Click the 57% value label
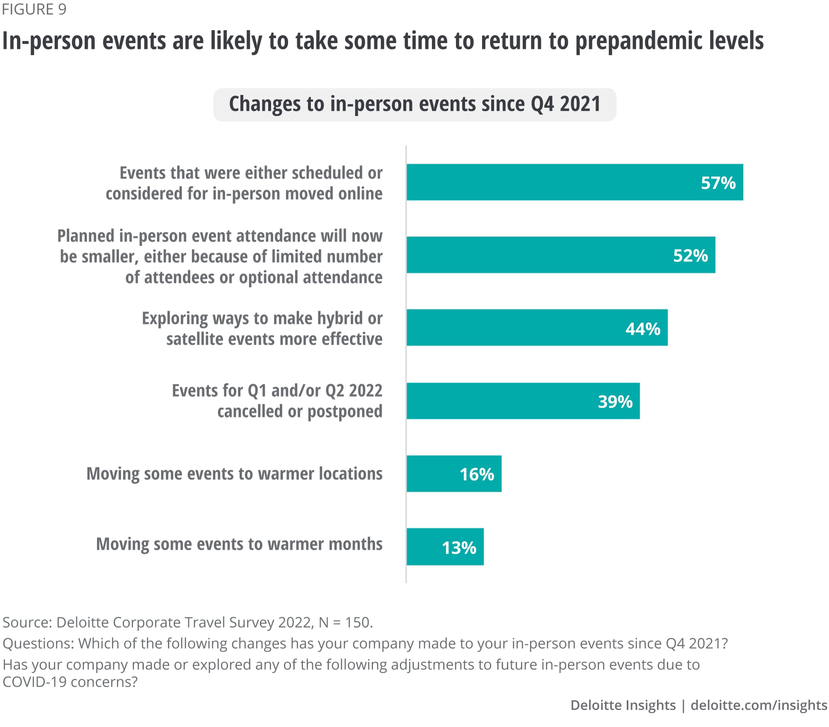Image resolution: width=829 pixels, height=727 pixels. pos(718,183)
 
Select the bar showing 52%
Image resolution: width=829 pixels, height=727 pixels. pos(539,255)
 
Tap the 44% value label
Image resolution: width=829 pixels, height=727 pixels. pos(642,328)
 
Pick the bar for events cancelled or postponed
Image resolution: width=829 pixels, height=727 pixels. pos(497,401)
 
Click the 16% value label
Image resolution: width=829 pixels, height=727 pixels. pos(477,474)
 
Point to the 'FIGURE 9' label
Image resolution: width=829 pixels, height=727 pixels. pos(34,9)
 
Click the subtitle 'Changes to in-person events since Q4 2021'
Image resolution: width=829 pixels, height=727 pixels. pos(414,104)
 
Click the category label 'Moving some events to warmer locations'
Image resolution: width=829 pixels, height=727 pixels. pos(234,474)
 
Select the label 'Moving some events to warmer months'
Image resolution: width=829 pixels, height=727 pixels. pos(239,544)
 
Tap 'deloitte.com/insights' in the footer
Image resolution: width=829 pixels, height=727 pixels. pos(759,705)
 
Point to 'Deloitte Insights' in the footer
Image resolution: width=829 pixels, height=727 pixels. pos(623,705)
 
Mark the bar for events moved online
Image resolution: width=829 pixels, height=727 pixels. pos(539,182)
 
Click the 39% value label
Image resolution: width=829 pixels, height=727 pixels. pos(615,401)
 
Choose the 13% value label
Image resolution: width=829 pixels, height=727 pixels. pos(459,548)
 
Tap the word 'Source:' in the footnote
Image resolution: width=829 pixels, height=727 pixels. pos(27,622)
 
